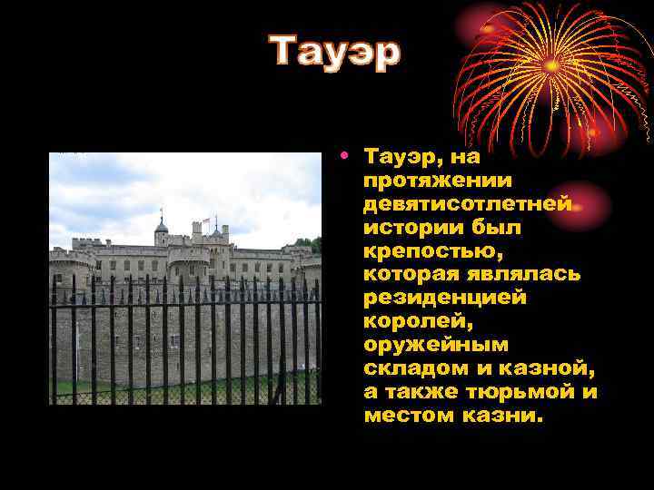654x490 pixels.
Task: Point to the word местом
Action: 404,416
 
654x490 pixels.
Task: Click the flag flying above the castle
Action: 206,220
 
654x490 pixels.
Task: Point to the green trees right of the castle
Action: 313,244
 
